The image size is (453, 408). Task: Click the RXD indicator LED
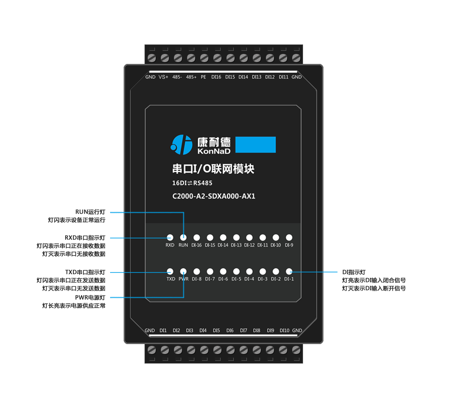click(170, 238)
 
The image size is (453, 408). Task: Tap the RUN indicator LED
click(183, 238)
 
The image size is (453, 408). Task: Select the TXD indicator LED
click(170, 272)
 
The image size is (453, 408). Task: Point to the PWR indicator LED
click(183, 272)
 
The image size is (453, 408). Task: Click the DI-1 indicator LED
click(289, 272)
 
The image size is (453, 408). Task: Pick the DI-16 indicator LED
click(197, 238)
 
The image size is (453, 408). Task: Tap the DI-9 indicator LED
click(289, 238)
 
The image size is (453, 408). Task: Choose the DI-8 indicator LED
click(197, 272)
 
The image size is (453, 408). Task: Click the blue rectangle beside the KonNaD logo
click(256, 145)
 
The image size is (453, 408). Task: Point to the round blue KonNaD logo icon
click(181, 145)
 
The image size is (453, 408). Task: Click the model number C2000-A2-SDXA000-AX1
click(214, 196)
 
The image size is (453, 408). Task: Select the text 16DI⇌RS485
click(192, 183)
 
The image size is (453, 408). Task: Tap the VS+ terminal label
click(163, 77)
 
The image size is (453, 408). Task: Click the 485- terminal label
click(177, 77)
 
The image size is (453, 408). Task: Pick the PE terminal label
click(203, 77)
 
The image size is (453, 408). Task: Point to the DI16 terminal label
click(217, 77)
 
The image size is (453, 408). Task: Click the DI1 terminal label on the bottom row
click(163, 330)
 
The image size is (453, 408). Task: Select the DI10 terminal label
click(284, 330)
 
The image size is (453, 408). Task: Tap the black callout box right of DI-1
click(374, 280)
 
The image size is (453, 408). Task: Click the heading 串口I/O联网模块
click(213, 169)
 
